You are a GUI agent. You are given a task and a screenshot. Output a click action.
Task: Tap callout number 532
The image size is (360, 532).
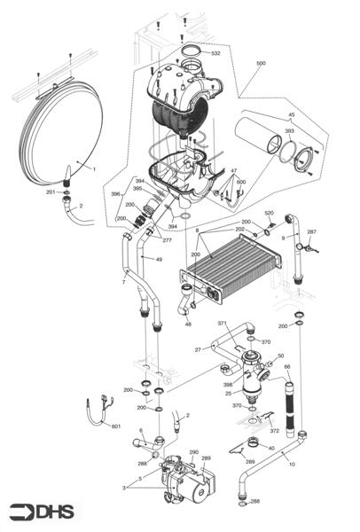[x=215, y=54]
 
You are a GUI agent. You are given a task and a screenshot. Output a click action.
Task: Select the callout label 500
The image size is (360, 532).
[x=260, y=64]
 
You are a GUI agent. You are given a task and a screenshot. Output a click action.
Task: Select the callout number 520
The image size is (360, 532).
[x=270, y=214]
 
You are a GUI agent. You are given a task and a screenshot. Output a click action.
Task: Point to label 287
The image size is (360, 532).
[x=311, y=232]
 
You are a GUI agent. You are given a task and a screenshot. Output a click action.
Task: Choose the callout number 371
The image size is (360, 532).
[x=223, y=325]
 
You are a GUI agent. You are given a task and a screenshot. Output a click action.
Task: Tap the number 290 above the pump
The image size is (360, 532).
[x=193, y=452]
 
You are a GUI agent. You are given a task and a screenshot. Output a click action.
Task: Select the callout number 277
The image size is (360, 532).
[x=167, y=240]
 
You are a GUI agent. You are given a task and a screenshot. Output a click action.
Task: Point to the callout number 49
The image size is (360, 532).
[x=159, y=259]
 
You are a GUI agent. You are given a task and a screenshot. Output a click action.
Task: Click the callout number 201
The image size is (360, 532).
[x=51, y=192]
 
